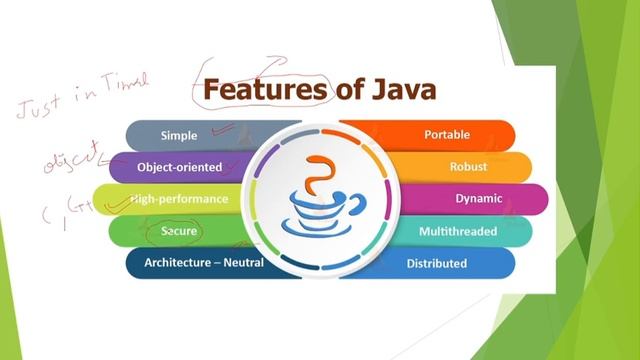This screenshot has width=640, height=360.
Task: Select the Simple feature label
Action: click(x=179, y=134)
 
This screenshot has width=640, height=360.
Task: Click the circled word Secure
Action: click(x=180, y=231)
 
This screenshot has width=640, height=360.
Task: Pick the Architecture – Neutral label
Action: click(x=204, y=263)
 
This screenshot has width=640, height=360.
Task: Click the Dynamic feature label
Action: click(x=478, y=198)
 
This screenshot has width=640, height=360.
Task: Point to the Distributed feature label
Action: click(x=437, y=263)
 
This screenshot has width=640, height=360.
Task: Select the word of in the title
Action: click(x=350, y=91)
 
